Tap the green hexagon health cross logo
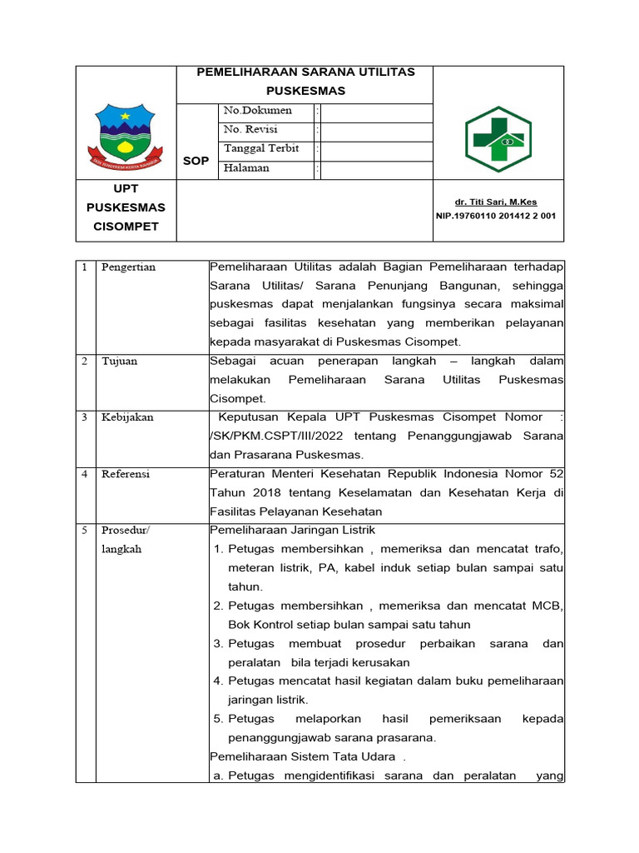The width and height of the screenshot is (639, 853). coord(498,139)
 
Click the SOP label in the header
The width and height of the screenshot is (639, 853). coord(196,161)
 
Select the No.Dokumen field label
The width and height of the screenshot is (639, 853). coord(258,111)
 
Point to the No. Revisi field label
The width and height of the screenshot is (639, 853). coord(250,130)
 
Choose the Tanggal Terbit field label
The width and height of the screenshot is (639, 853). coord(261,149)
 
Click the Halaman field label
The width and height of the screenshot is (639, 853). coord(246,168)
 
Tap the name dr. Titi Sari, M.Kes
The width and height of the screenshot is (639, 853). coord(497,202)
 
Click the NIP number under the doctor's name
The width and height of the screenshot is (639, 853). coord(496,216)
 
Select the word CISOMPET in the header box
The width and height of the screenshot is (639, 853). coord(126,227)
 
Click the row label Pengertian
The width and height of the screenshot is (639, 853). coord(129,267)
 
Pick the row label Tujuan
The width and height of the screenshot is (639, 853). coord(119,362)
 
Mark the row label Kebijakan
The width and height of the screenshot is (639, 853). coord(127,417)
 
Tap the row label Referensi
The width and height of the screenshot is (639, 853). coord(126,474)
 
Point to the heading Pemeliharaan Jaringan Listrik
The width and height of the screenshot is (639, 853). coord(292,531)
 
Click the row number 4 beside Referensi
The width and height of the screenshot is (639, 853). coord(85,474)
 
